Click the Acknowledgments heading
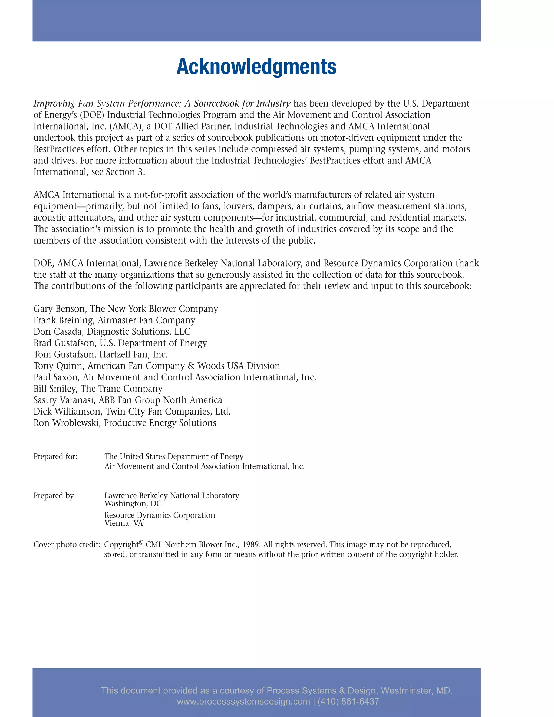(x=256, y=67)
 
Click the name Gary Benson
(x=59, y=309)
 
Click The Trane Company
(x=121, y=389)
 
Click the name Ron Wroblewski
(x=66, y=423)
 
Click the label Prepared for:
(x=55, y=457)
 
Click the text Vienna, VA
(x=124, y=523)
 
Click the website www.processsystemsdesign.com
(x=243, y=702)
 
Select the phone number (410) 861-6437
(x=348, y=702)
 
